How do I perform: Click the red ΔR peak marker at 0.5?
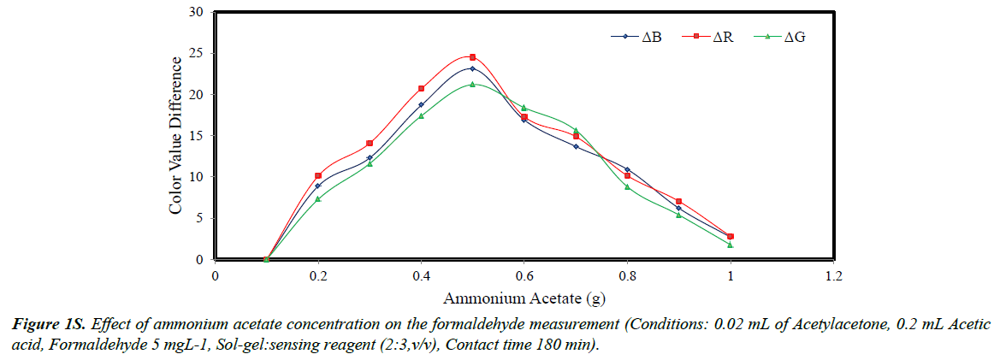tap(472, 57)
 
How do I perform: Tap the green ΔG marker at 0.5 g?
tap(472, 85)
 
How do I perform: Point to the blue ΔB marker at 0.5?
tap(472, 68)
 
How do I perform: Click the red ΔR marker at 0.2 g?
tap(318, 175)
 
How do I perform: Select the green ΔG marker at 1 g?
tap(730, 245)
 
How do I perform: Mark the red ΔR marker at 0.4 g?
tap(421, 88)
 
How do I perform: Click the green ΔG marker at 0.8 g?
tap(627, 186)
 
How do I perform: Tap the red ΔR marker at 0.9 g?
tap(678, 201)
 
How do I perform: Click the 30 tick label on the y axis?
tap(197, 12)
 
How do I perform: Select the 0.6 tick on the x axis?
tap(524, 276)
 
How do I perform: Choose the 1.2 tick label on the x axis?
tap(833, 276)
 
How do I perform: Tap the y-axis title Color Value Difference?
tap(175, 135)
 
